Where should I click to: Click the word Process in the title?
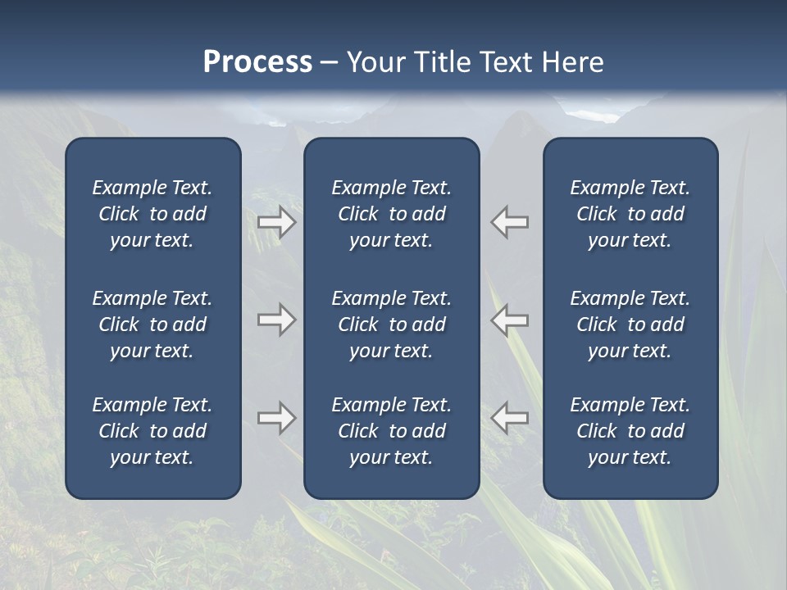[x=257, y=62]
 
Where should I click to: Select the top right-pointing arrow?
[x=277, y=222]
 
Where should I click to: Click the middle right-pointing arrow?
[x=277, y=320]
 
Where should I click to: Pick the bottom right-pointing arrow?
[x=277, y=418]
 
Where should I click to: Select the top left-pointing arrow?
[x=510, y=222]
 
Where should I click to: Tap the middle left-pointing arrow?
[x=510, y=320]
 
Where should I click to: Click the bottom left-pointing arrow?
[x=510, y=418]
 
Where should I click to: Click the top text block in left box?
[x=152, y=214]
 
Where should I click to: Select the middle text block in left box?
[x=152, y=324]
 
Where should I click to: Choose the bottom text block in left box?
[x=152, y=431]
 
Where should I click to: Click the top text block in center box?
[x=392, y=214]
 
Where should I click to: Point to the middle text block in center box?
[x=392, y=324]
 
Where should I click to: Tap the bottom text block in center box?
[x=392, y=431]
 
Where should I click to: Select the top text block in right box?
[x=630, y=214]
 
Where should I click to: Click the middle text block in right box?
[x=630, y=324]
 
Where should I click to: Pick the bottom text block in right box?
[x=630, y=431]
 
